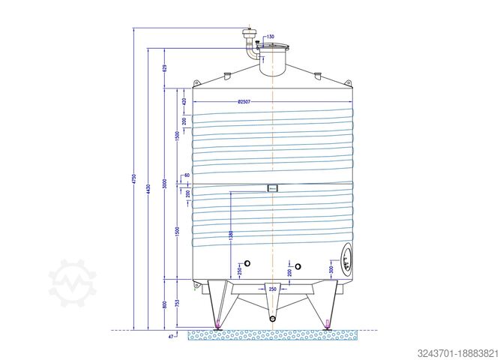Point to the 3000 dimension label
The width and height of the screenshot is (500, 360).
[x=165, y=184]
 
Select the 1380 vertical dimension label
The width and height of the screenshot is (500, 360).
[x=231, y=239]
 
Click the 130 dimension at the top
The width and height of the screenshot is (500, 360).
[x=270, y=37]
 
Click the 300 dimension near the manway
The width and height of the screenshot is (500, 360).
[x=331, y=269]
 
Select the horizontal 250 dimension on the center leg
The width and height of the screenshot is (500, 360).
[x=272, y=288]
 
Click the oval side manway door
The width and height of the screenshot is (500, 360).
[x=346, y=259]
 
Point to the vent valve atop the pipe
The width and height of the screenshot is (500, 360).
[x=249, y=32]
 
